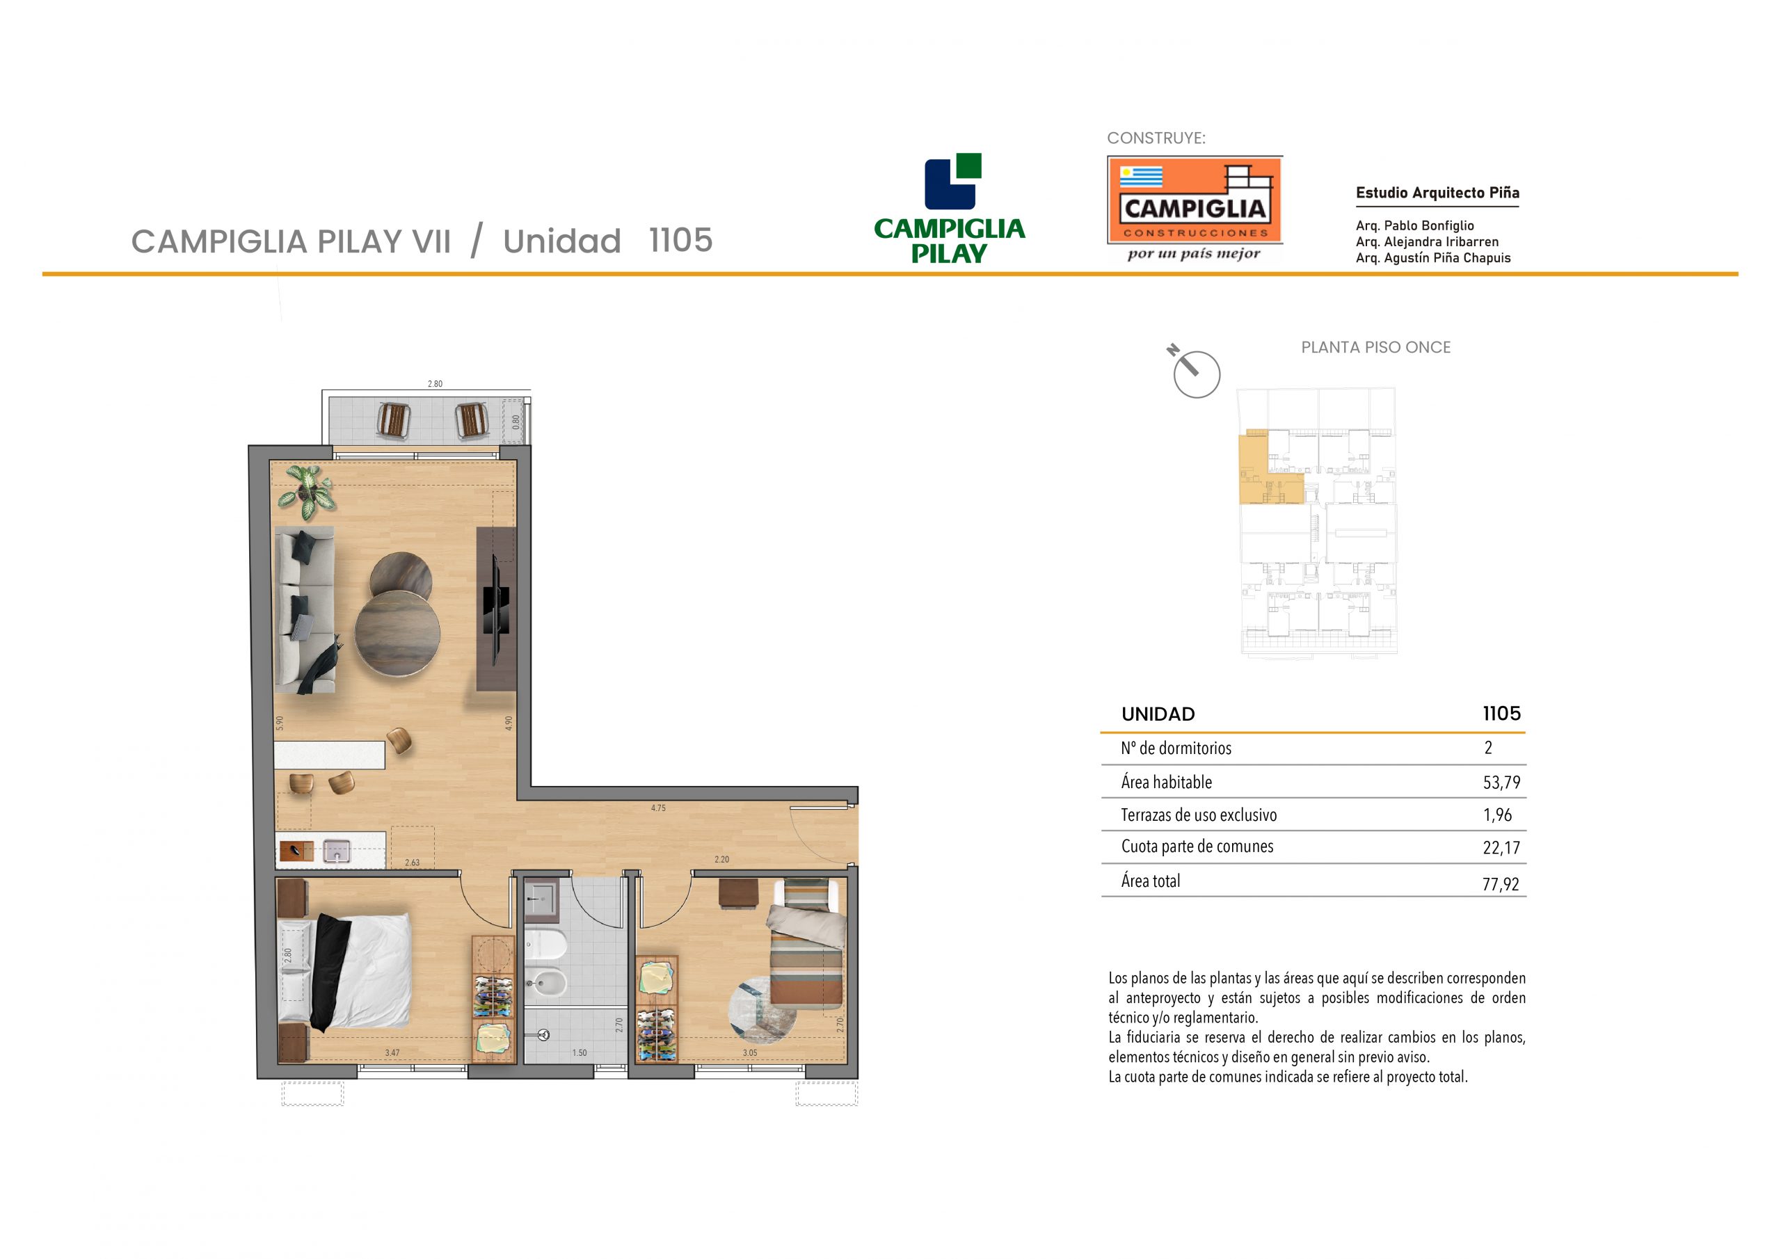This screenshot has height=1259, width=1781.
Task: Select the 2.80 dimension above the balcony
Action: click(x=436, y=384)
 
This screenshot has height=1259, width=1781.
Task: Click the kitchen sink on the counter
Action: click(x=337, y=851)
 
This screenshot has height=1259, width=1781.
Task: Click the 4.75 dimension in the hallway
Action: click(x=658, y=808)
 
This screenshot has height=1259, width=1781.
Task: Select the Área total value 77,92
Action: click(x=1501, y=883)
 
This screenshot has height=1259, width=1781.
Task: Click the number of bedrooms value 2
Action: click(x=1488, y=748)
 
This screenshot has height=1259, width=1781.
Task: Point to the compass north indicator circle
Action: click(x=1197, y=375)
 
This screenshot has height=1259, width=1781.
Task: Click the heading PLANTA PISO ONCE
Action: click(x=1375, y=348)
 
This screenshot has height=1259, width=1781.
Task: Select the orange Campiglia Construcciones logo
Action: click(x=1195, y=200)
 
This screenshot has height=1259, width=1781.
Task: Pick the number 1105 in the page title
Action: click(x=680, y=241)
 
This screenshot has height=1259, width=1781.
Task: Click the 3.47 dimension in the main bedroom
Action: click(x=392, y=1052)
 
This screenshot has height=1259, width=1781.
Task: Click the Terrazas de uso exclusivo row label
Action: click(x=1199, y=815)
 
